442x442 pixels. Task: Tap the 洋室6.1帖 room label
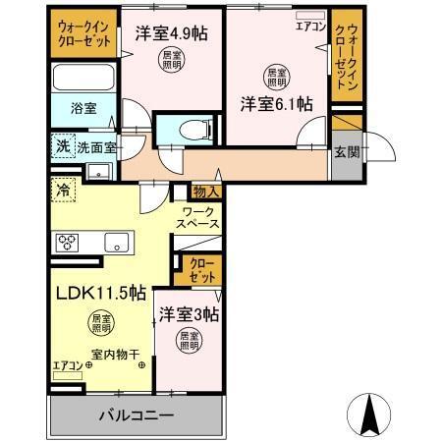278,103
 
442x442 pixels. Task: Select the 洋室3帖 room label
190,315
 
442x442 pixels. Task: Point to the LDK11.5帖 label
101,293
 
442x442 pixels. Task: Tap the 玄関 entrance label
345,153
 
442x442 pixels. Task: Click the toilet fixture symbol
196,129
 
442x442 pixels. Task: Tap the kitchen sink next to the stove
116,241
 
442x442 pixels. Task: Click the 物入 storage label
205,193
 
